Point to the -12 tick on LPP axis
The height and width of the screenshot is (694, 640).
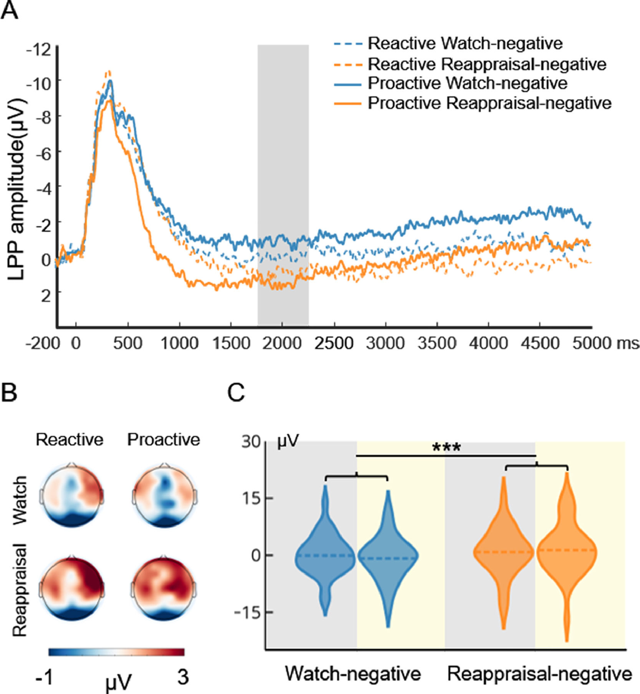point(38,50)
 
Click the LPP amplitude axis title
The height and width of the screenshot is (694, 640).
point(18,188)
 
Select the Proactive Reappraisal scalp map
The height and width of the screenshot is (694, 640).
point(164,587)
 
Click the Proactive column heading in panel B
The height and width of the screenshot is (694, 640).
point(164,440)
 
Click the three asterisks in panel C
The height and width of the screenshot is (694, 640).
point(446,448)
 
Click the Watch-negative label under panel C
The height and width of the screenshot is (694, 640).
point(352,674)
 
